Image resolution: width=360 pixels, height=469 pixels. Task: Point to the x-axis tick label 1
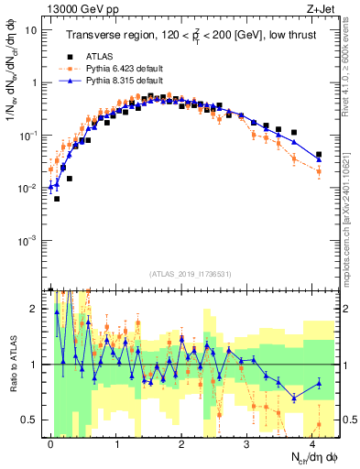coord(116,443)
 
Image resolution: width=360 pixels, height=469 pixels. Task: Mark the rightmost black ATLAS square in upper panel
coord(319,155)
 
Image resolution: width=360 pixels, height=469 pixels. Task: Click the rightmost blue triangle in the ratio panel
coord(319,383)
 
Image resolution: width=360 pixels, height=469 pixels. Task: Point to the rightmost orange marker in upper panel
coord(319,171)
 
